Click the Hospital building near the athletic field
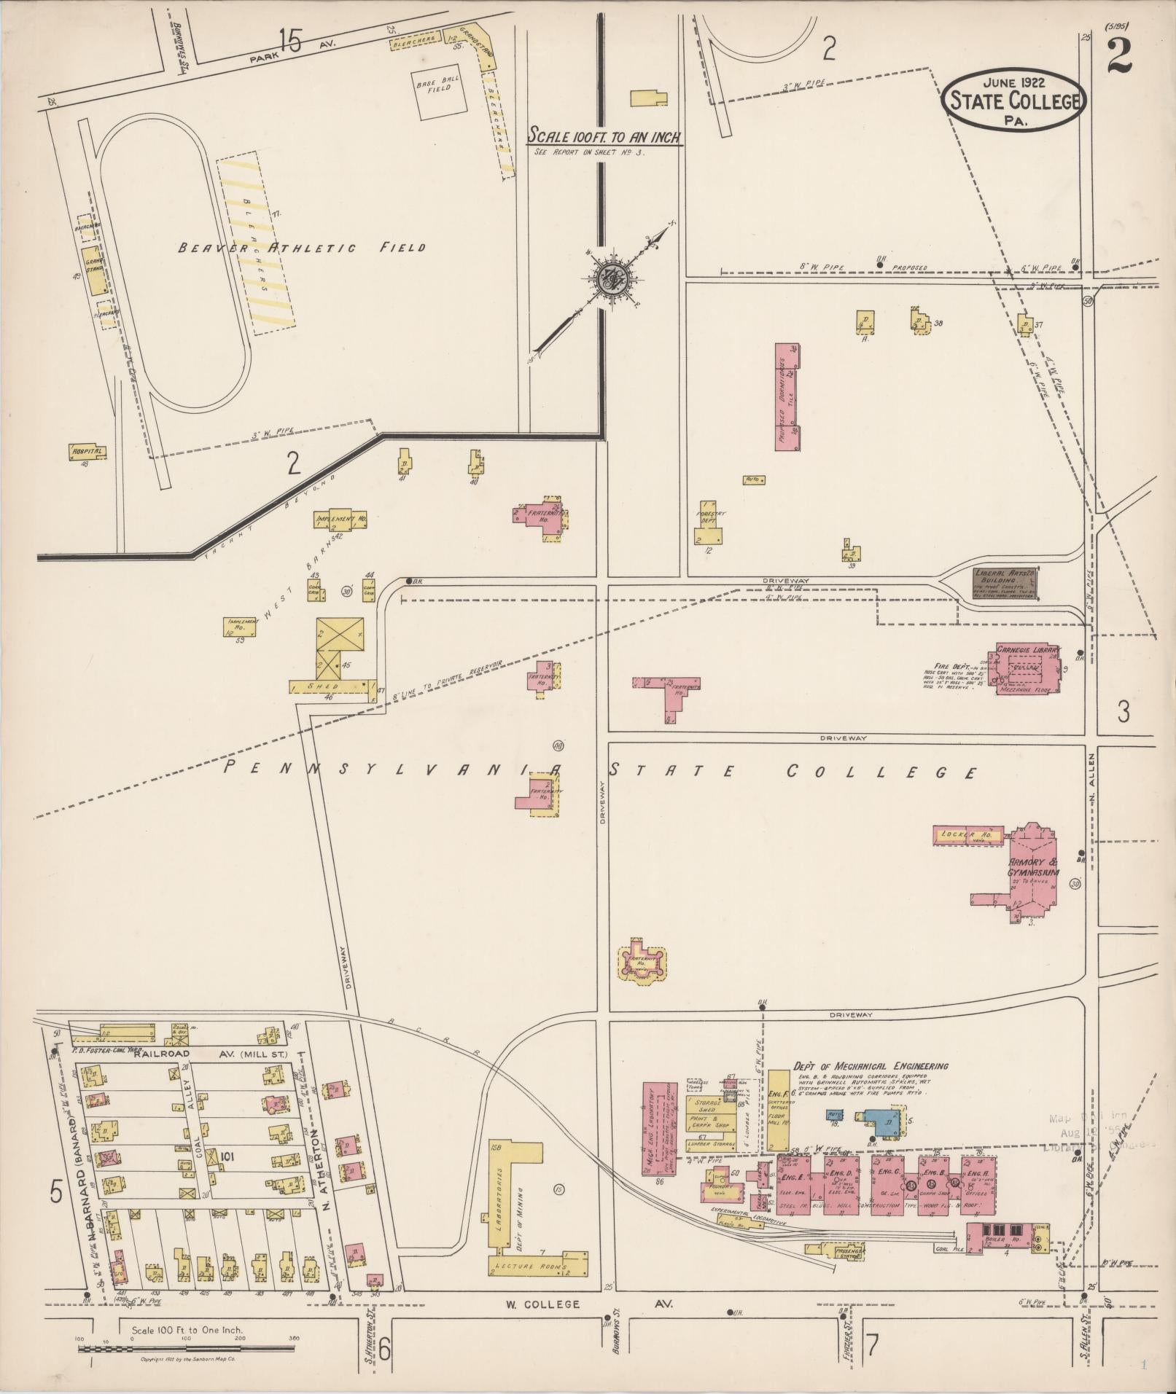click(87, 452)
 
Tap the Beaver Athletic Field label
click(303, 248)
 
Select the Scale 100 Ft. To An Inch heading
click(604, 136)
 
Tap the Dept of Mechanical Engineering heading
click(871, 1066)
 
